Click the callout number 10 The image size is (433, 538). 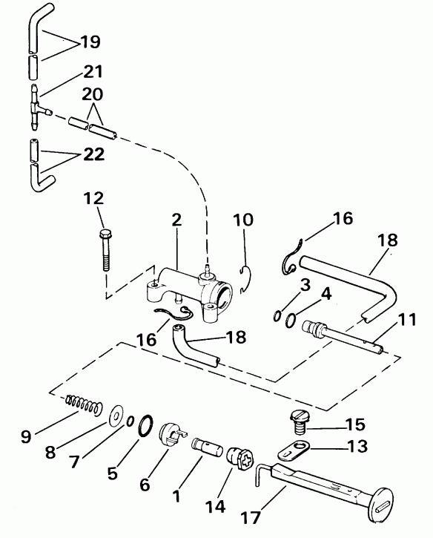[243, 220]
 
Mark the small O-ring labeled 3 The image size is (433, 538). [276, 317]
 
